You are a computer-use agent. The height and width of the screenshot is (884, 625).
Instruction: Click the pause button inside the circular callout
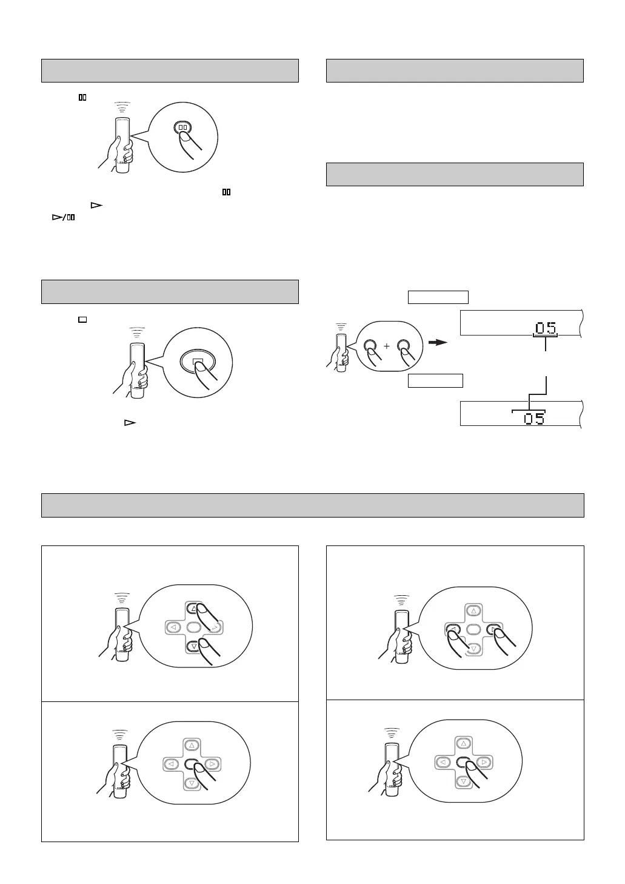183,128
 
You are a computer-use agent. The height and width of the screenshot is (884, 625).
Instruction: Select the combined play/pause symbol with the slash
62,217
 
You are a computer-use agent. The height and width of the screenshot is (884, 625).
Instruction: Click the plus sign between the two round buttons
386,346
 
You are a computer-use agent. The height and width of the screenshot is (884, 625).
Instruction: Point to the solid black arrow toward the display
438,342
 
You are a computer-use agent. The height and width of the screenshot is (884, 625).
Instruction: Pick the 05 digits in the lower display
534,418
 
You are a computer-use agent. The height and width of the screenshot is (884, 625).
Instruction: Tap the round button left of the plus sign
369,346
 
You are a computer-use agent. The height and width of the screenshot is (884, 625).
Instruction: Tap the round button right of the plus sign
404,346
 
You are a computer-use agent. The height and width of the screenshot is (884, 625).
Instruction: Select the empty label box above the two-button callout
438,297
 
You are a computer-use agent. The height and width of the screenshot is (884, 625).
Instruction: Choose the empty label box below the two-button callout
435,380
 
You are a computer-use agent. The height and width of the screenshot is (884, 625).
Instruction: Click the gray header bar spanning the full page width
312,505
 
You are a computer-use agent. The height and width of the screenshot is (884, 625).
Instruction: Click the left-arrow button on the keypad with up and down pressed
173,627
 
